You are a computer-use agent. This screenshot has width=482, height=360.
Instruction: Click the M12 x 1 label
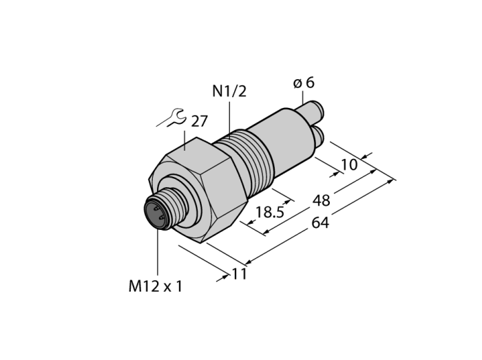click(155, 286)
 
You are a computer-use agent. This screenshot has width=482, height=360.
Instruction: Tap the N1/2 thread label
click(229, 92)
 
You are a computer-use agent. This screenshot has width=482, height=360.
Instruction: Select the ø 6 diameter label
click(304, 83)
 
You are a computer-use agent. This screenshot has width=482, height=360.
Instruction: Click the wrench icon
click(171, 118)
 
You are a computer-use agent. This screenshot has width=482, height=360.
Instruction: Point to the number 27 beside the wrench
click(200, 121)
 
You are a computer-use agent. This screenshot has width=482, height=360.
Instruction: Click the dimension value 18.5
click(270, 212)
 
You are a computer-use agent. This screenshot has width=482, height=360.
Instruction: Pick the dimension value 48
click(322, 200)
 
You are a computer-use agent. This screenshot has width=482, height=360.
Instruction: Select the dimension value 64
click(320, 223)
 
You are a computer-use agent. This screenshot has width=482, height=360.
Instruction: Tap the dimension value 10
click(350, 165)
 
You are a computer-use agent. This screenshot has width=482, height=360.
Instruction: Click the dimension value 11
click(239, 274)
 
